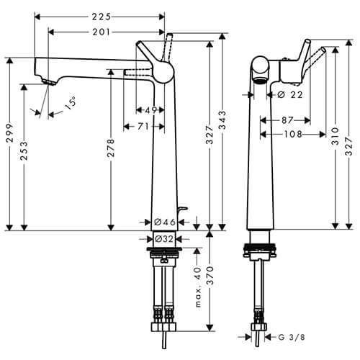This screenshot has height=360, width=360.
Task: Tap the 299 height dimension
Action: (9, 143)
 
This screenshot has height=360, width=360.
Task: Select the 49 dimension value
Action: (150, 110)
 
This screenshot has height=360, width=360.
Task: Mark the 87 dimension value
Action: (289, 120)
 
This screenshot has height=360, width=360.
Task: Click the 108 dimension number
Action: (292, 134)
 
